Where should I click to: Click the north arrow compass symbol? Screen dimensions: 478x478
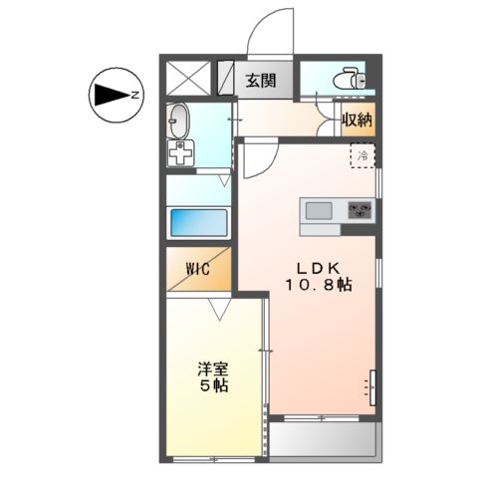coord(109,96)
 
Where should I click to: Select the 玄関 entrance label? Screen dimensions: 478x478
coord(262,80)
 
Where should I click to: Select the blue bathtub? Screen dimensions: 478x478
coord(199,223)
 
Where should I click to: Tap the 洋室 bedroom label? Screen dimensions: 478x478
coord(213,366)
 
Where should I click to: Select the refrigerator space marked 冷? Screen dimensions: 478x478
coord(364,155)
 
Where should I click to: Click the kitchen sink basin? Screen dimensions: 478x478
coord(319,210)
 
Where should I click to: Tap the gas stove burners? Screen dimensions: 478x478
coord(358,210)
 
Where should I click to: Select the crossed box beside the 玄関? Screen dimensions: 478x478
coord(188,78)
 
